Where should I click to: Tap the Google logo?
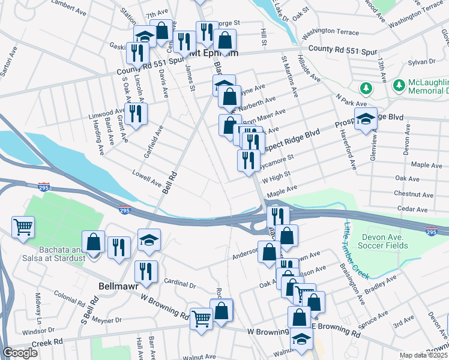click(x=20, y=353)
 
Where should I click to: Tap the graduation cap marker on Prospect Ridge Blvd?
click(x=366, y=119)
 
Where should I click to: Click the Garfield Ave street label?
click(x=153, y=142)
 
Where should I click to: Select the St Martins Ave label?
click(x=289, y=77)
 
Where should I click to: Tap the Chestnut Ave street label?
click(x=414, y=195)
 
